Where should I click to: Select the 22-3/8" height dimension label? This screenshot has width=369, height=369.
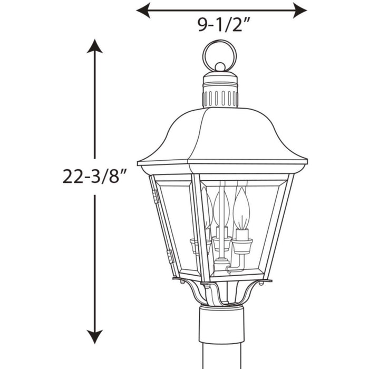coord(95,176)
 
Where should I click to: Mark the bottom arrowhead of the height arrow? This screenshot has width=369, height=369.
coord(95,337)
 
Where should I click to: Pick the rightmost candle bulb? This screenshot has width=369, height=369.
coord(241,209)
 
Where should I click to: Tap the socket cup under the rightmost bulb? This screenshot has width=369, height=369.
coord(242,245)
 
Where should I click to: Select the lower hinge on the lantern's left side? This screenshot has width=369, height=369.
coord(170,257)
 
